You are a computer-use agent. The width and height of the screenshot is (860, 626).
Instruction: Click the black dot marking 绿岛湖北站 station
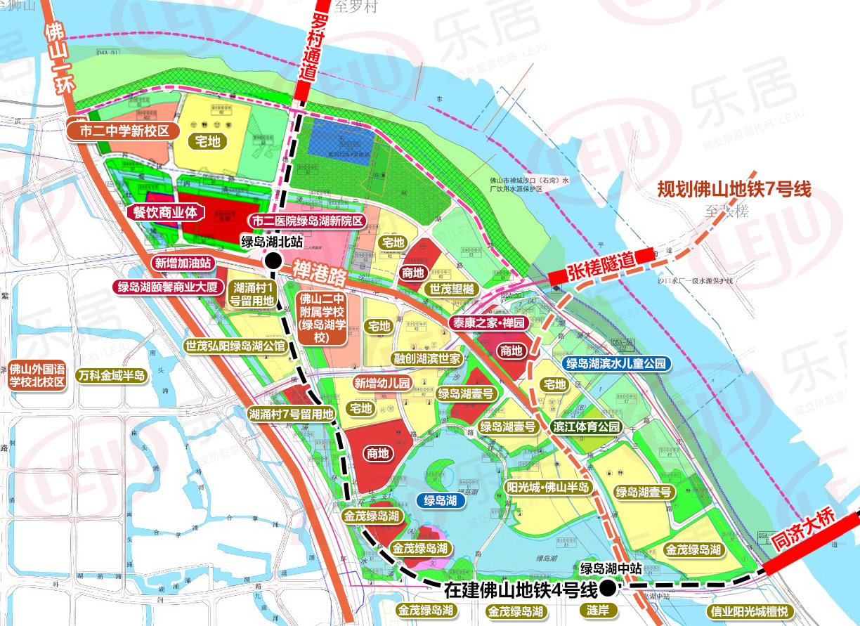coord(273,261)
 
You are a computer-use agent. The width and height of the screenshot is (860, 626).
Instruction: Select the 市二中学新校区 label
coord(124,131)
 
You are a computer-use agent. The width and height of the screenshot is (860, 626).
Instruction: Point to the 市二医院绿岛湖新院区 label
coord(309,221)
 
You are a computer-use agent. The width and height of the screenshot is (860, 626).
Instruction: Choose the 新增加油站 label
coord(184,263)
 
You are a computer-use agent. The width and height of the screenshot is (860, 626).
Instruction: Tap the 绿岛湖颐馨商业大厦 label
coord(169,287)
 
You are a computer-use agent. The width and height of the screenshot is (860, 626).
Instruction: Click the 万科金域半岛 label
coord(112,376)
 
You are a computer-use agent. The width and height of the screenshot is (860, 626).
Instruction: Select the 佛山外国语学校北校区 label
coord(37,376)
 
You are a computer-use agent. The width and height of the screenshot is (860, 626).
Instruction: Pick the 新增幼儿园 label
coord(382,384)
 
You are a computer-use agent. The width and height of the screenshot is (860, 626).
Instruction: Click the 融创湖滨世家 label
coord(426,359)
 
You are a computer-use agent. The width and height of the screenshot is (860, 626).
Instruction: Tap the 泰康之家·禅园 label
coord(489,323)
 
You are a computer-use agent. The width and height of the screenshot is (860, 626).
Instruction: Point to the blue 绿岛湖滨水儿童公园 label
coord(615,363)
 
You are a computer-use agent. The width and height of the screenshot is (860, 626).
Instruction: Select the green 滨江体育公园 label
coord(587,426)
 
